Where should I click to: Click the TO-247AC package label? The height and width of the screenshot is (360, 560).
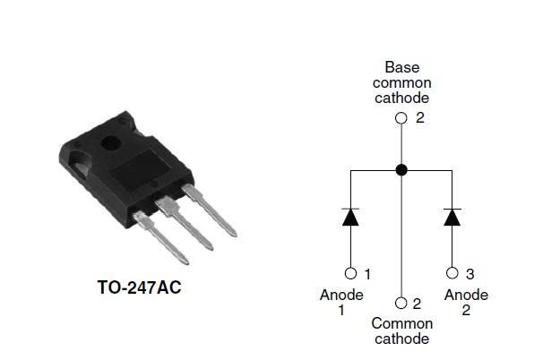[x=139, y=287]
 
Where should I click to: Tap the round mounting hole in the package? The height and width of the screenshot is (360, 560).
[x=111, y=144]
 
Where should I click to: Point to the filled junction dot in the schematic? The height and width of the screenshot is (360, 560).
[x=401, y=170]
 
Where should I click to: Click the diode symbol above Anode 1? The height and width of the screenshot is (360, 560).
[x=350, y=217]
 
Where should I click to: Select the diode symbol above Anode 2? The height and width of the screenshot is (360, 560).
[x=452, y=217]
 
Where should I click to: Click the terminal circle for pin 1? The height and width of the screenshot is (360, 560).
[x=350, y=273]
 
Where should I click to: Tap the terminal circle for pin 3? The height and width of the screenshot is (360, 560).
[x=452, y=273]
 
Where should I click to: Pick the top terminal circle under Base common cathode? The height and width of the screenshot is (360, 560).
[x=401, y=118]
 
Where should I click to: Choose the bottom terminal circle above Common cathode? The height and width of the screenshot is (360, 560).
[x=401, y=304]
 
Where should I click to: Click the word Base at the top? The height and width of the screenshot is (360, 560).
[x=402, y=67]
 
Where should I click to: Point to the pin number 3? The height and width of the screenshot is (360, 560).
[x=470, y=274]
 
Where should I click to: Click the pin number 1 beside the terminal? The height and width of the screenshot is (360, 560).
[x=367, y=274]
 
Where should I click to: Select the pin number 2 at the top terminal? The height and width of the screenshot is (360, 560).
[x=420, y=117]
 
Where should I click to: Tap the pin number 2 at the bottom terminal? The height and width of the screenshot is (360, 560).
[x=417, y=304]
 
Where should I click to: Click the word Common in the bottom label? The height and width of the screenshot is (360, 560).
[x=402, y=323]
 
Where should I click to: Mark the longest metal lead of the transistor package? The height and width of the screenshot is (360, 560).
[x=160, y=237]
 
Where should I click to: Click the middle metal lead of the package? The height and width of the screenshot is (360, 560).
[x=185, y=223]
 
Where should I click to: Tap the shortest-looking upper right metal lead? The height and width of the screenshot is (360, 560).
[x=210, y=210]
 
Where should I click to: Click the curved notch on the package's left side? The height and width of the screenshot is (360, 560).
[x=79, y=165]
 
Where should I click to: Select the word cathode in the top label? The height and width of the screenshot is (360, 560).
[x=401, y=99]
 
